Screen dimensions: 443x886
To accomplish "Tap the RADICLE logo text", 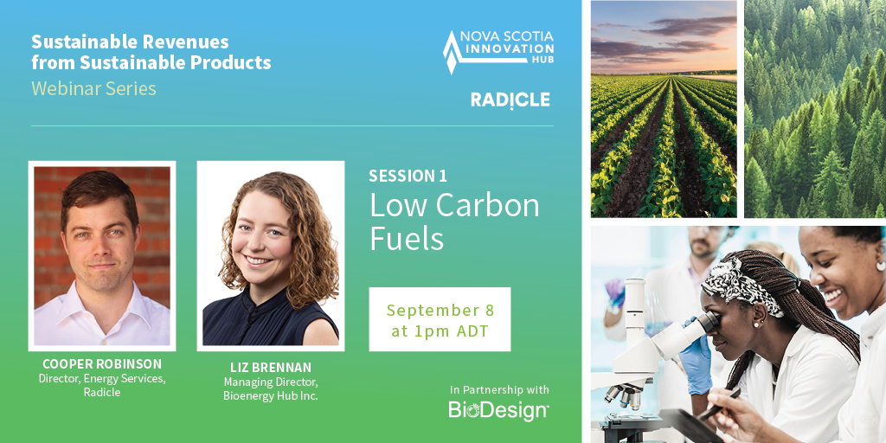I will (510, 100).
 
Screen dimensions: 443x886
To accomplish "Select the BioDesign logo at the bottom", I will (498, 410).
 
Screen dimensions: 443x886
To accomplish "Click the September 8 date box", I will (440, 319).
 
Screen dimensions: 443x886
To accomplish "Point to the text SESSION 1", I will (408, 176).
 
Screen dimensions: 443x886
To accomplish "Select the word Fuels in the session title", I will (407, 238).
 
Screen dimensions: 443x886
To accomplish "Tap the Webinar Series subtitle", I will (93, 88).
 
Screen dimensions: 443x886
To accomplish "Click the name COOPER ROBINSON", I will (102, 364).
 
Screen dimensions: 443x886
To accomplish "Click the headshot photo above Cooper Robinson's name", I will (102, 255).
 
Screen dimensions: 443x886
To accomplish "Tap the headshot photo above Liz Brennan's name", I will (271, 255).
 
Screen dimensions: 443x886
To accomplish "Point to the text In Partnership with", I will (499, 389).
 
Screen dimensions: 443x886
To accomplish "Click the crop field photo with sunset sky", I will (664, 108).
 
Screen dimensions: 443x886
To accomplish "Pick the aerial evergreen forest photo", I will (815, 108).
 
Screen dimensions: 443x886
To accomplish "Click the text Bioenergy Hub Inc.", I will (271, 395).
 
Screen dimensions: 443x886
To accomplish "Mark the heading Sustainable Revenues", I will (130, 42).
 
